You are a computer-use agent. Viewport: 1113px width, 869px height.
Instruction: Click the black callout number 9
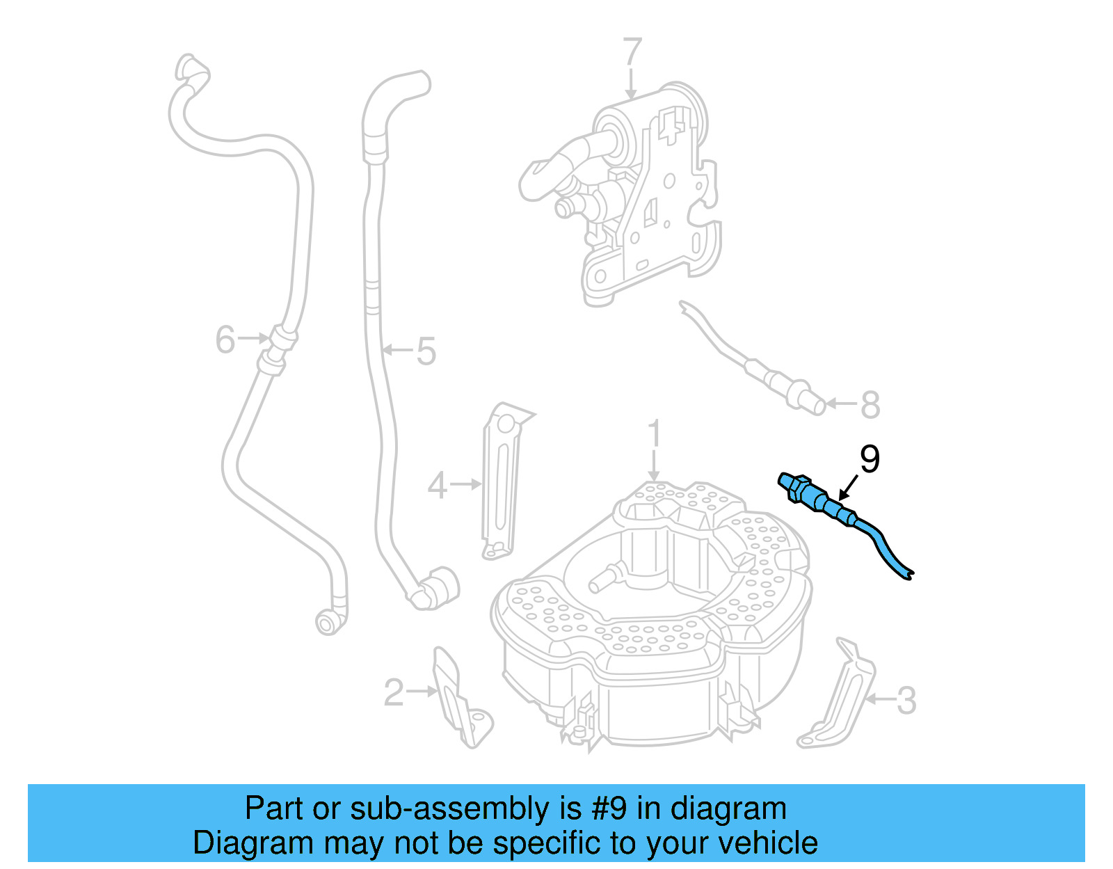coord(870,459)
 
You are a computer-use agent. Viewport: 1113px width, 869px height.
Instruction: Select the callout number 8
coord(870,405)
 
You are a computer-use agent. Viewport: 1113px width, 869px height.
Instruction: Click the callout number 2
coord(394,693)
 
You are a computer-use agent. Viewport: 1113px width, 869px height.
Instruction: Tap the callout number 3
coord(906,701)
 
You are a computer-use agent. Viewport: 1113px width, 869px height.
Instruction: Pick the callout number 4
coord(437,485)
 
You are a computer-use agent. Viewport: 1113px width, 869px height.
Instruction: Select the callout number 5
coord(426,351)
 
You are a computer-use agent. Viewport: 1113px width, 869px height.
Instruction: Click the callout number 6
coord(225,340)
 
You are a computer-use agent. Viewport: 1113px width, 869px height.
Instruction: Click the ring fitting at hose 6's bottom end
coord(326,621)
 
